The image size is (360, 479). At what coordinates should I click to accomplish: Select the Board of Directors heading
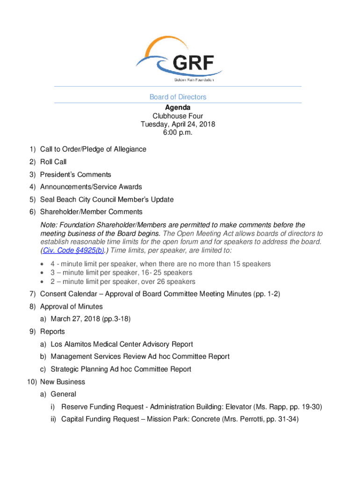point(178,97)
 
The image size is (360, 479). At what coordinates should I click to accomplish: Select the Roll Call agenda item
point(53,162)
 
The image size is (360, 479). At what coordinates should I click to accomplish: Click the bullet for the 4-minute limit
point(43,264)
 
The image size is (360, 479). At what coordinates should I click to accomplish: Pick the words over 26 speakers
point(168,282)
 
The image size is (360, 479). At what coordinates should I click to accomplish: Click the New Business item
point(63,382)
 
